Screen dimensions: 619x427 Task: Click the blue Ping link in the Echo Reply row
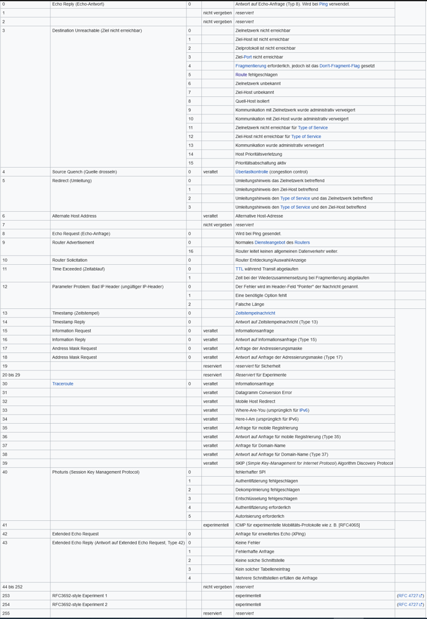323,4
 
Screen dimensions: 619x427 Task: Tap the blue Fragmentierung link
250,66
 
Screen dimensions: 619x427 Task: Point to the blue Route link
241,75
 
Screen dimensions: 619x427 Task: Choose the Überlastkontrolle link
252,172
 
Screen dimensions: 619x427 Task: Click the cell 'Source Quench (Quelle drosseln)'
85,172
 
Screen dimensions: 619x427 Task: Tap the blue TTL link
239,269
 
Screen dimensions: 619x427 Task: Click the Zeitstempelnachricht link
255,313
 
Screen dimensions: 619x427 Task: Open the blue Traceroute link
63,384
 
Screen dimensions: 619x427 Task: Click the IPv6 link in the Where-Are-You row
303,410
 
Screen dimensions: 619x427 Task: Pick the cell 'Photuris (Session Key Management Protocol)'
96,472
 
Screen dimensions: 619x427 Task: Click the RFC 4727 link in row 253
410,595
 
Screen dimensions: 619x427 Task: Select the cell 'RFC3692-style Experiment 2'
80,604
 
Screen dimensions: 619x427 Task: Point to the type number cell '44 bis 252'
12,587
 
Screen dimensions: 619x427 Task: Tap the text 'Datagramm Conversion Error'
263,393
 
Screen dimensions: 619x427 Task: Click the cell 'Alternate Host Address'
74,216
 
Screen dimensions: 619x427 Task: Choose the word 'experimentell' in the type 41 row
216,525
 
